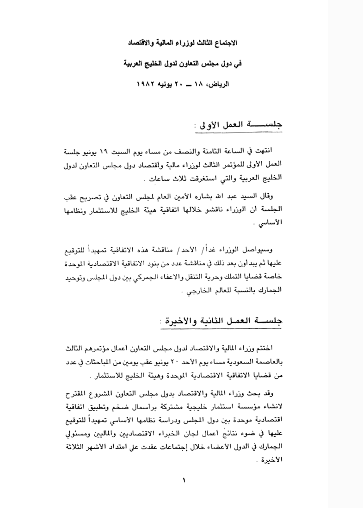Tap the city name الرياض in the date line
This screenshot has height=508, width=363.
[222, 86]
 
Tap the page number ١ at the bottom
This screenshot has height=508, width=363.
[183, 480]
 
